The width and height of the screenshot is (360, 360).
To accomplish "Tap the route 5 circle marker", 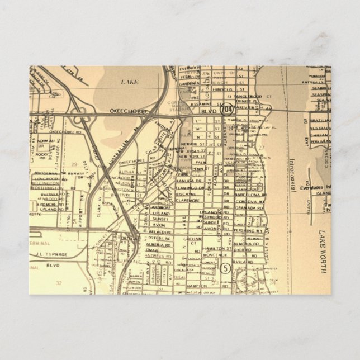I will click(x=225, y=267).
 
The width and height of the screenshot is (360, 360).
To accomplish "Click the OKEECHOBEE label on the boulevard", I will click(x=129, y=112).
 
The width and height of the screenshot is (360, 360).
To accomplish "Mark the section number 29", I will click(x=74, y=163).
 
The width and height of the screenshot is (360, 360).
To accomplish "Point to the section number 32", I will click(x=59, y=283).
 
